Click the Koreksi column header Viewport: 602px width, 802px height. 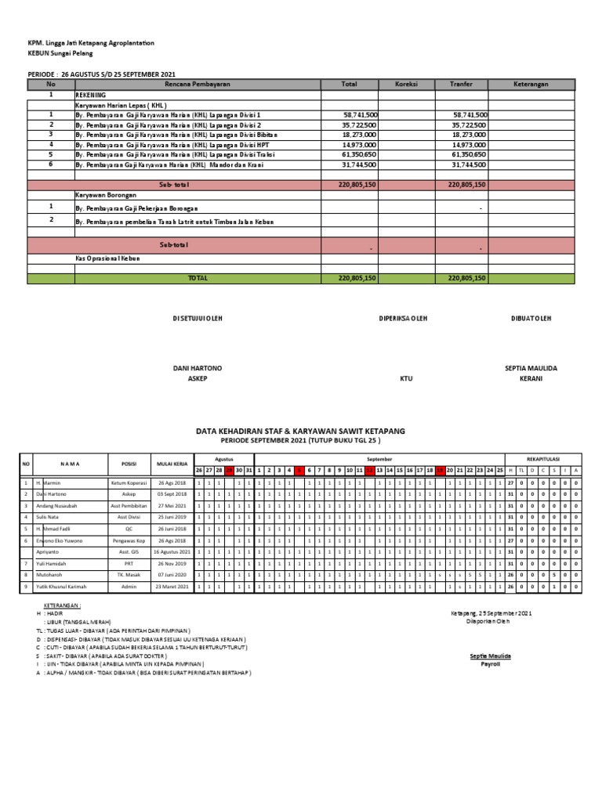point(406,84)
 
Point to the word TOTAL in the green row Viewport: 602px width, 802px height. point(198,278)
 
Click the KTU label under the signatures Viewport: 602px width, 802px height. point(406,379)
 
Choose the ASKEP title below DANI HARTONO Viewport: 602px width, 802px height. point(198,379)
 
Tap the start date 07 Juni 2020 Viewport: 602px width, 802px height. point(171,575)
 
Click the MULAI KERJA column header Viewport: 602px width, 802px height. point(171,464)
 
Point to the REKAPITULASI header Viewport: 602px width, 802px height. point(542,458)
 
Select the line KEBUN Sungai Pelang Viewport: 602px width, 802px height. point(60,53)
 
